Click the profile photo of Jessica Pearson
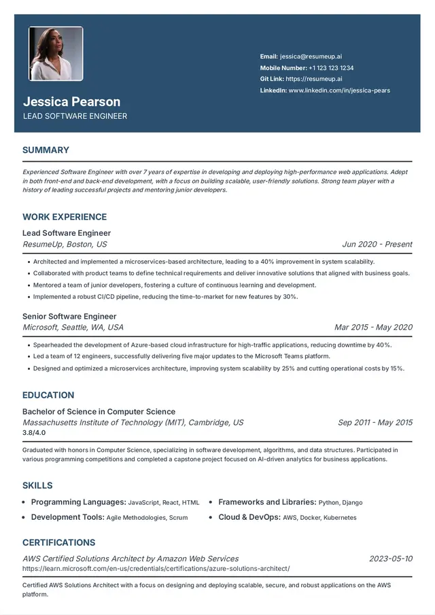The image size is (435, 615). click(x=56, y=54)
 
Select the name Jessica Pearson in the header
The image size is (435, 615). click(x=71, y=102)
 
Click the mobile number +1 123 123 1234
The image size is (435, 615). click(x=331, y=68)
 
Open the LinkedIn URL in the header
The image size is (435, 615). click(x=339, y=90)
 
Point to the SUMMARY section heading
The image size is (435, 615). click(x=46, y=150)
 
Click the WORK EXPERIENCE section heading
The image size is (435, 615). click(x=65, y=217)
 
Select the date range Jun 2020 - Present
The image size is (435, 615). click(x=377, y=245)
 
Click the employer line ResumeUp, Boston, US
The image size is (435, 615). click(x=65, y=245)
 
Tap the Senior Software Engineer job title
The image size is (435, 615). click(x=69, y=316)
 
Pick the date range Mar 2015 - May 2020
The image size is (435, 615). click(x=373, y=328)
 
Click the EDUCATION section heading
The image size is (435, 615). click(x=48, y=395)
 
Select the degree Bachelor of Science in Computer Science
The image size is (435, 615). click(x=99, y=412)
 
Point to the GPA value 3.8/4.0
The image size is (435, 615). click(x=34, y=432)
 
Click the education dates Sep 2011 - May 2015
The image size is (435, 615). click(x=375, y=423)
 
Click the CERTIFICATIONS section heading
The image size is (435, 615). click(x=58, y=542)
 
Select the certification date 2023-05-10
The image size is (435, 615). click(x=391, y=559)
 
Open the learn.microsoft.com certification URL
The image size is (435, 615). click(x=156, y=568)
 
